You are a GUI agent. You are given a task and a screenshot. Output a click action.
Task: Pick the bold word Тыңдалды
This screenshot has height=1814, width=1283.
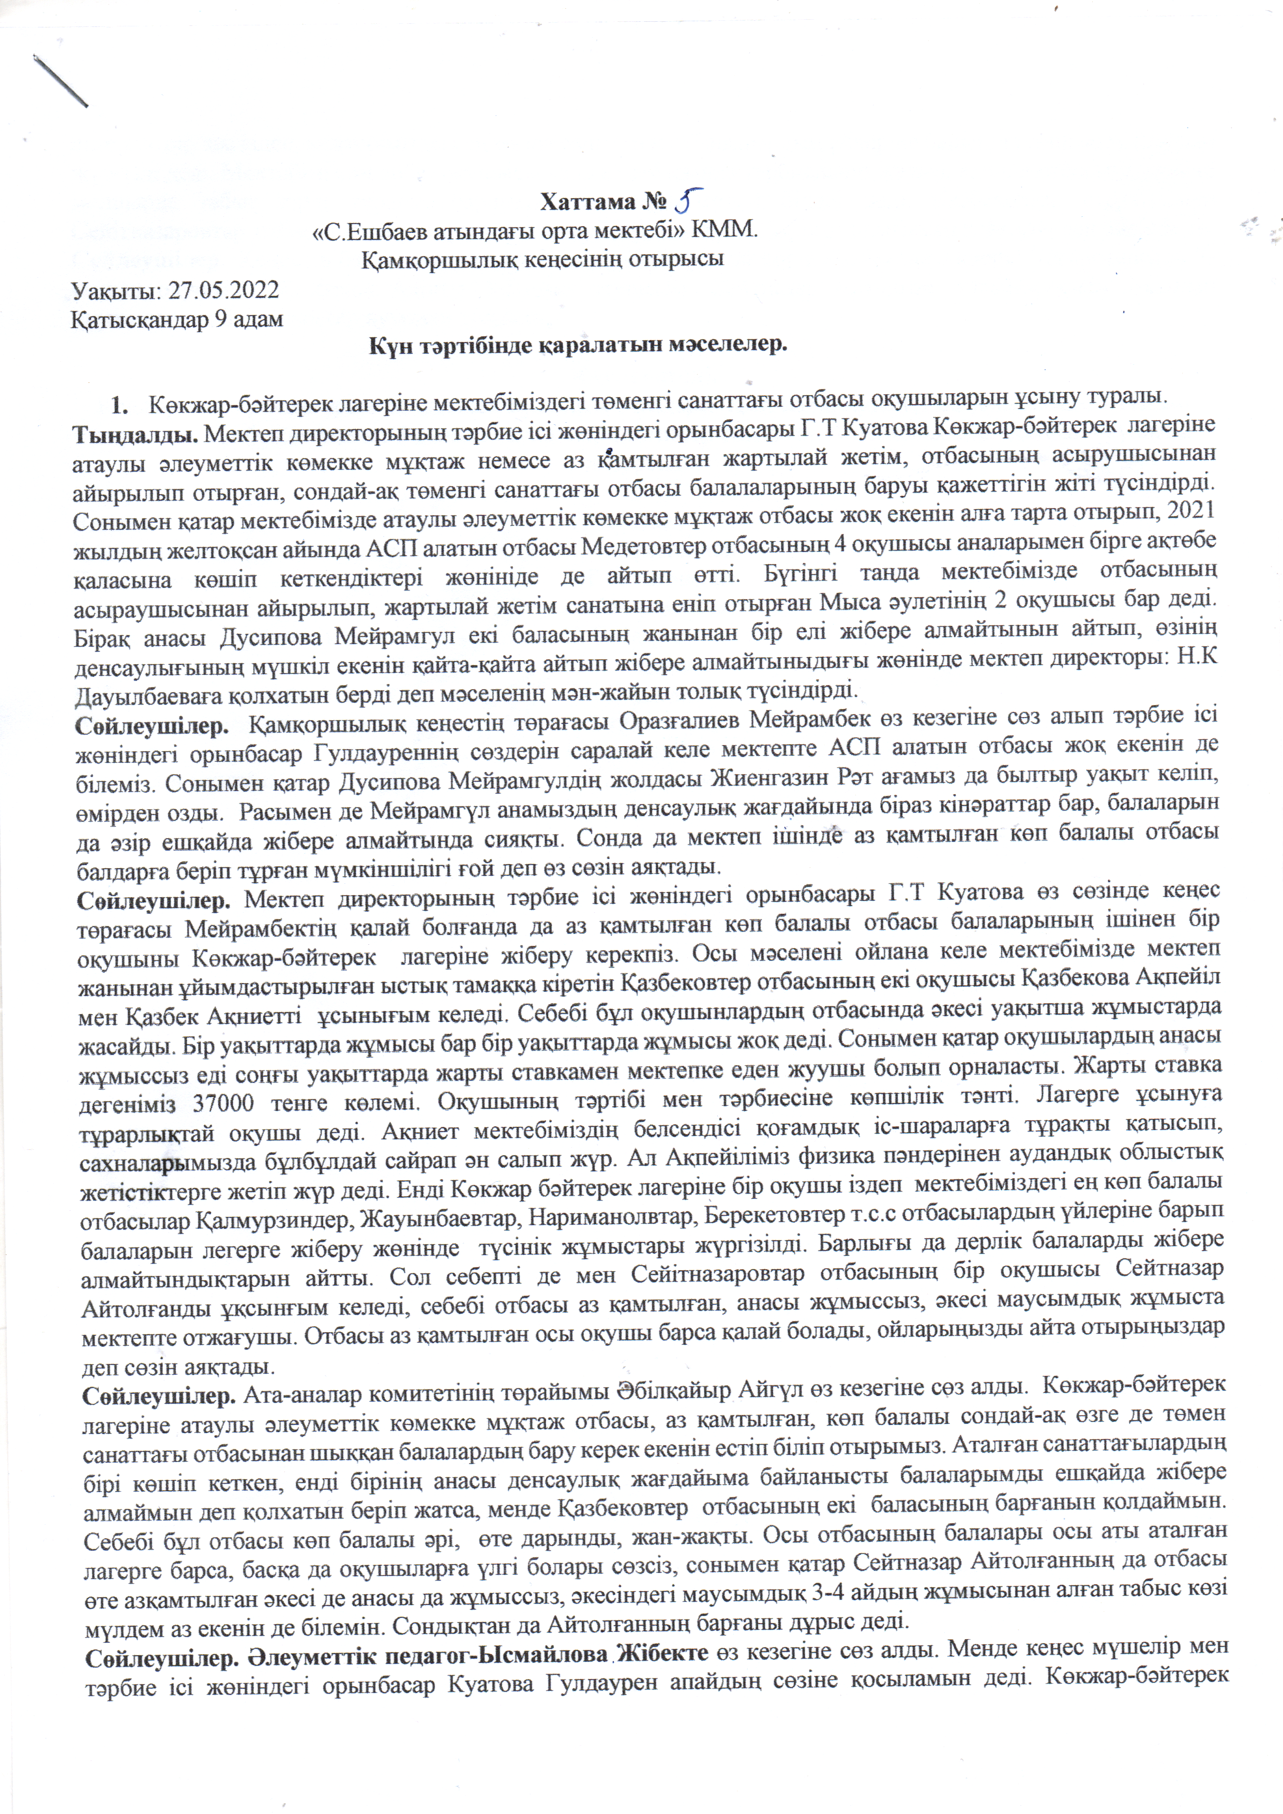click(x=135, y=434)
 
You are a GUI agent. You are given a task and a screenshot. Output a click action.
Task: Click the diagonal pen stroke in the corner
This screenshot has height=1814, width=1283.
click(x=60, y=79)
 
